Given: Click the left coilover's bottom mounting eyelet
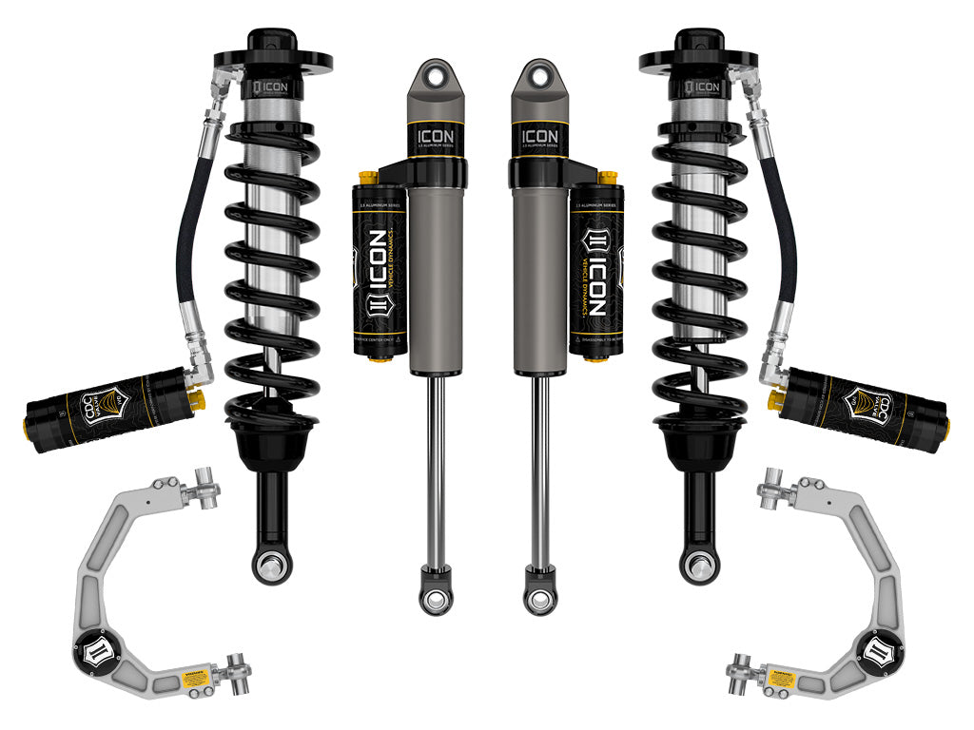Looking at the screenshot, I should [x=271, y=565].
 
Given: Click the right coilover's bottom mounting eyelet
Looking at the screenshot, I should [x=699, y=565].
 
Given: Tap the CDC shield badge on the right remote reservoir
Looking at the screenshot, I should [x=878, y=404].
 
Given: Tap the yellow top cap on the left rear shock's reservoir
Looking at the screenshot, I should [x=364, y=178].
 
